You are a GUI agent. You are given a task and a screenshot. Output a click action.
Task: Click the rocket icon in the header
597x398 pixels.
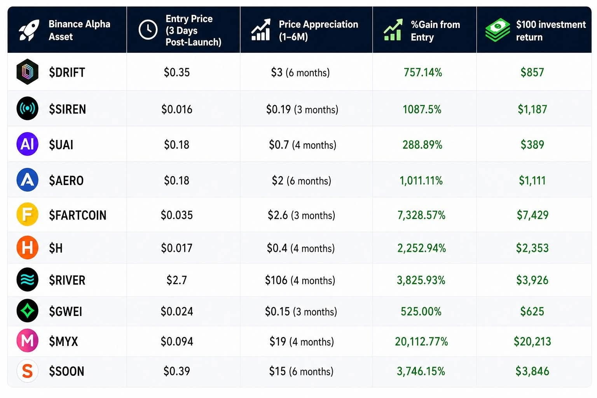(x=29, y=30)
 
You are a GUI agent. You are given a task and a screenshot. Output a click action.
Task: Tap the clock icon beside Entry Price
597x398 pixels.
(x=148, y=30)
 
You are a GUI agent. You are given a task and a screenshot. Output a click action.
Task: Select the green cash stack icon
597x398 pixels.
(x=497, y=30)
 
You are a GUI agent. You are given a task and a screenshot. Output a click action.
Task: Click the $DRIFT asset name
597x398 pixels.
(x=67, y=72)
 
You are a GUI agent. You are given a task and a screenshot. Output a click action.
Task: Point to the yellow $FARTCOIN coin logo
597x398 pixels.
(x=28, y=214)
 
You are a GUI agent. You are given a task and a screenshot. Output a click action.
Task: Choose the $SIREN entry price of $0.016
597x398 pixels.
(x=177, y=109)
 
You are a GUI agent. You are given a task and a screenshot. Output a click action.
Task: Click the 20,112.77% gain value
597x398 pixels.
(x=421, y=342)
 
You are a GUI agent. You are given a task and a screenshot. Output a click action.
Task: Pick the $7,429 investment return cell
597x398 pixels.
(x=532, y=215)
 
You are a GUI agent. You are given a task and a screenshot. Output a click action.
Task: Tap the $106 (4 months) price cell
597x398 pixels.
(x=300, y=280)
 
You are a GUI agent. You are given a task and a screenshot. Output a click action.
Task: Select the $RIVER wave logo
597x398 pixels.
(x=28, y=279)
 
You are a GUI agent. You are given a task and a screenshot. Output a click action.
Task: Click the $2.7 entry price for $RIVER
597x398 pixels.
(x=177, y=280)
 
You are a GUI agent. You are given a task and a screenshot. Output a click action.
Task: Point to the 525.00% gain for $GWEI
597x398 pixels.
(x=421, y=311)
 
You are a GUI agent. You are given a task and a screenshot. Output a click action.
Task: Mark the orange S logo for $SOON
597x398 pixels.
(x=28, y=371)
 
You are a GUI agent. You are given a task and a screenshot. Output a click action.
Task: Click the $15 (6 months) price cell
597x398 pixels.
(x=301, y=371)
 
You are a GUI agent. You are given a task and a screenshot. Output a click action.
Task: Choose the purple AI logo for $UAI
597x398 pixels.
(x=28, y=144)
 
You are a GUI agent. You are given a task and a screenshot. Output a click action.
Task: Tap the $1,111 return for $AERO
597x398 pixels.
(x=532, y=180)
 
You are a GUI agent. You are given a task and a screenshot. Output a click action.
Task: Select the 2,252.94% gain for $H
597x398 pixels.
(x=422, y=248)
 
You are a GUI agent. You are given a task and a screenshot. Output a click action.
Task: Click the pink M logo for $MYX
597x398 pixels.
(x=28, y=340)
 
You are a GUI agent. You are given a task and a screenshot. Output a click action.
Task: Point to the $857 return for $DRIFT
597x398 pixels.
(x=532, y=72)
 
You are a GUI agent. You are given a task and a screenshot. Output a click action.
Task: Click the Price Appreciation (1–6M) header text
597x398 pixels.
(x=318, y=30)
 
